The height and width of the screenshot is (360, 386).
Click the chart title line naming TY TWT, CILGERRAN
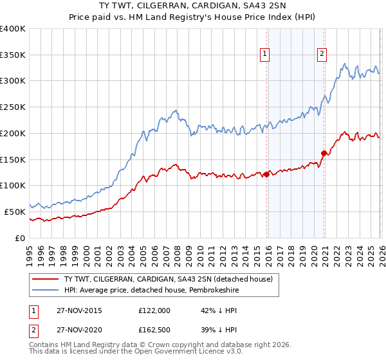coord(193,6)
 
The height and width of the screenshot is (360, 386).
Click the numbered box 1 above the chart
coord(265,54)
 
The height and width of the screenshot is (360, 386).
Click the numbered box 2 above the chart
coord(321,54)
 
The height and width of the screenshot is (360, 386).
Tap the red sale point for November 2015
coord(266,174)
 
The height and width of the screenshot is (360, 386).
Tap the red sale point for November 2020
coord(324,153)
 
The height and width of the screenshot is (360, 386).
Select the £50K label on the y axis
coord(15,211)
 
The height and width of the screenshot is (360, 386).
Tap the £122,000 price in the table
coord(154,310)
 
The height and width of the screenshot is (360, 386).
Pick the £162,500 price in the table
coord(154,332)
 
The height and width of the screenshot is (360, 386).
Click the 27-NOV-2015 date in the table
coord(73,310)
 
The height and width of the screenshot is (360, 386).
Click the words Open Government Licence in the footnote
coord(197,353)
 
